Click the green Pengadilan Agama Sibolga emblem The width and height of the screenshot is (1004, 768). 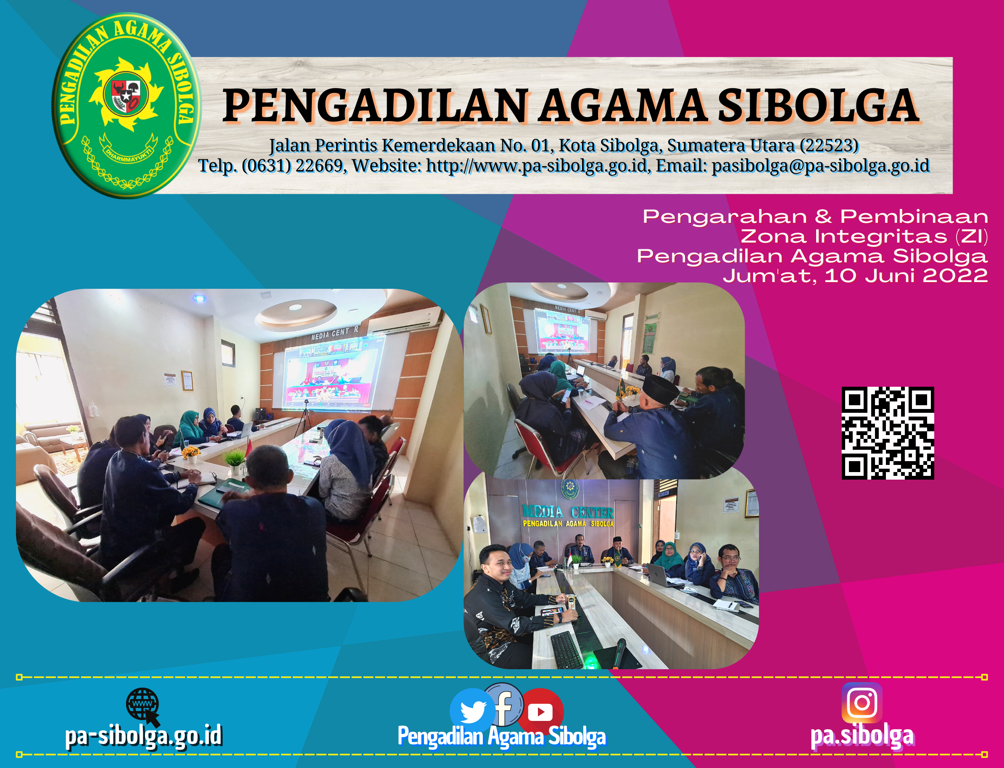(126, 106)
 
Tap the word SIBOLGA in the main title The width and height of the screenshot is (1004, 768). (818, 106)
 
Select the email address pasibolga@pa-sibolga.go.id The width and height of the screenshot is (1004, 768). (821, 166)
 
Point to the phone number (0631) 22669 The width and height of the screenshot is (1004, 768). (293, 166)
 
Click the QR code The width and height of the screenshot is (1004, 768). (888, 433)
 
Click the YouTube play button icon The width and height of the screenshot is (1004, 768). (540, 711)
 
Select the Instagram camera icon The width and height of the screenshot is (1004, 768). (862, 702)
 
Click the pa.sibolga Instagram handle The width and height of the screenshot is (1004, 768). (862, 736)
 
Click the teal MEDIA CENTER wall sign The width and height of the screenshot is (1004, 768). (568, 512)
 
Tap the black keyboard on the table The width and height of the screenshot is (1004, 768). (567, 649)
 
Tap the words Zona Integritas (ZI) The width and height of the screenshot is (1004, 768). (864, 237)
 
